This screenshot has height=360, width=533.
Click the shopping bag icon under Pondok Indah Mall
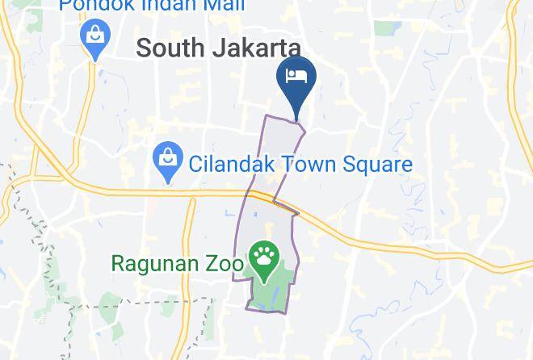[x=95, y=36]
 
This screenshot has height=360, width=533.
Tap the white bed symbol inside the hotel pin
[x=296, y=76]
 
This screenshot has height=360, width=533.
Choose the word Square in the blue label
[x=380, y=165]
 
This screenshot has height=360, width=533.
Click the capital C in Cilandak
[x=195, y=165]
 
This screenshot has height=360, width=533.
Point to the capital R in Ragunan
[x=117, y=263]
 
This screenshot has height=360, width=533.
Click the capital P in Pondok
[x=65, y=6]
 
